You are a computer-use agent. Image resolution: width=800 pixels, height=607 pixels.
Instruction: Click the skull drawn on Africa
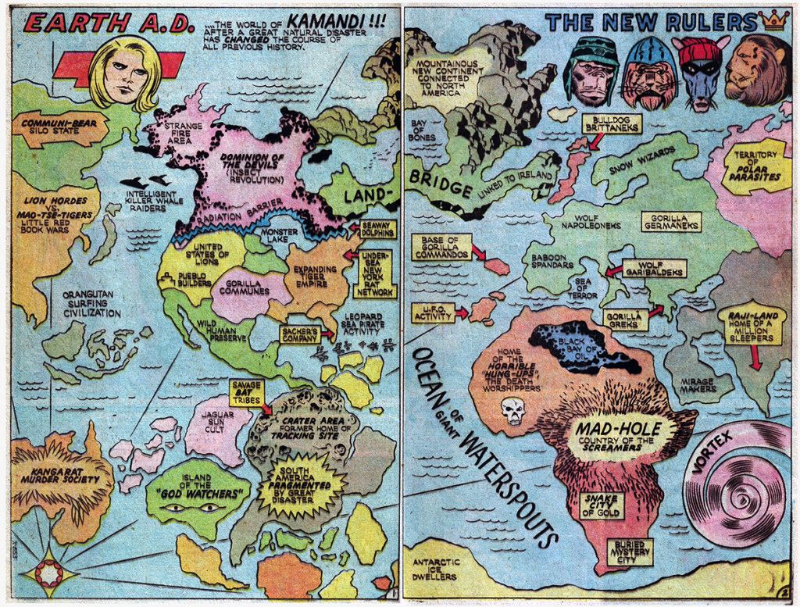(513, 410)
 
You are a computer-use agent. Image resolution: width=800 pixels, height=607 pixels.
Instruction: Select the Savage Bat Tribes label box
(246, 391)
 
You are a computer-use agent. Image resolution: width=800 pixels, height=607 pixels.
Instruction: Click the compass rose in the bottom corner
(48, 573)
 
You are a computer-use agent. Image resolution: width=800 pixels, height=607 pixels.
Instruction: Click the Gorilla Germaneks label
(671, 222)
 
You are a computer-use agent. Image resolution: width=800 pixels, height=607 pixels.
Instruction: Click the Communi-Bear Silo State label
(59, 127)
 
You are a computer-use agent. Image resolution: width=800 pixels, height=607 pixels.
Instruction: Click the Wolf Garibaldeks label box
(653, 268)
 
